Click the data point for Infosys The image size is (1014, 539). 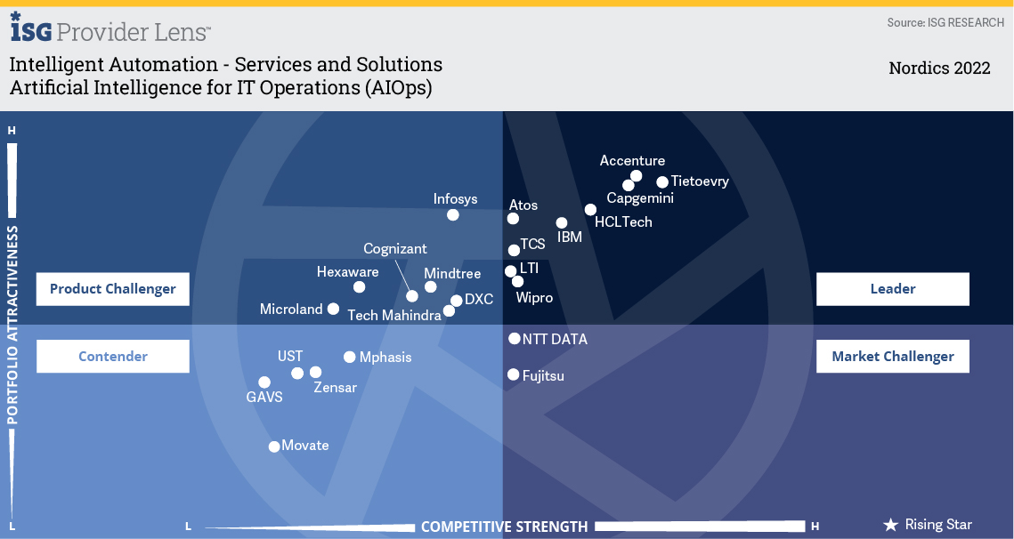(453, 214)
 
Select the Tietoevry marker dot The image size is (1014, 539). (662, 182)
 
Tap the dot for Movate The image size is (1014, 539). (274, 446)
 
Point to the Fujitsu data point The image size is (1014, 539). (514, 375)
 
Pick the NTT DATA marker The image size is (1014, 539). (515, 339)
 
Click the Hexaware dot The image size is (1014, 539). (359, 287)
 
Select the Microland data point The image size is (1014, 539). (333, 309)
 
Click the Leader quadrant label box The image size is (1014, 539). (892, 289)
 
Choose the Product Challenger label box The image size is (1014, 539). (113, 289)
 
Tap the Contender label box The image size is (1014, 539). (113, 357)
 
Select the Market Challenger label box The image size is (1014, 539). (892, 357)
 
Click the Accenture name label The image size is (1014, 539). (632, 161)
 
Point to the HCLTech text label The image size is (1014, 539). (623, 222)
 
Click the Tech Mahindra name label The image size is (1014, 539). (394, 316)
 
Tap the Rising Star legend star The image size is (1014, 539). (890, 525)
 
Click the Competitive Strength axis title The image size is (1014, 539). (504, 527)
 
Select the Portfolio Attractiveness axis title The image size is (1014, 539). (12, 326)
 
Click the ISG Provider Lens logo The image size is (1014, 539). (110, 30)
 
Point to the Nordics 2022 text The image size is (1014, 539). (939, 68)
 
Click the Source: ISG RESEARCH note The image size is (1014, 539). (945, 22)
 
